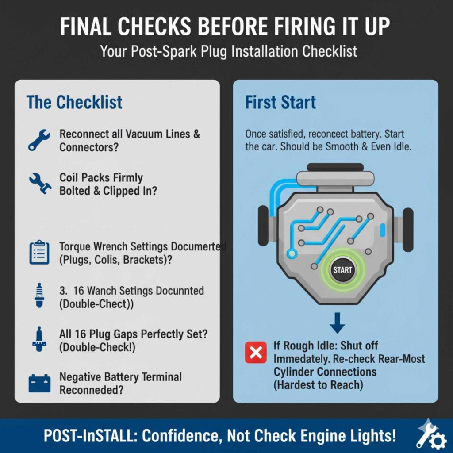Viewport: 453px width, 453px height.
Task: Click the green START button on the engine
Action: pos(343,270)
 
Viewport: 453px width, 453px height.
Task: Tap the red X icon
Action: pos(256,353)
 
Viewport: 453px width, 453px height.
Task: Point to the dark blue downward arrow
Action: pos(337,322)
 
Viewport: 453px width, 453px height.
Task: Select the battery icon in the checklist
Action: pos(39,384)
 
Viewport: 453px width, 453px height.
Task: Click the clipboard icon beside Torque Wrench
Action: pos(39,252)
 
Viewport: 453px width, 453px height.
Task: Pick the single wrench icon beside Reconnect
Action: pos(39,140)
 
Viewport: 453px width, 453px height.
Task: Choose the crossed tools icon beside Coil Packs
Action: pos(40,184)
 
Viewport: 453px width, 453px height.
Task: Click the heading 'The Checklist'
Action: pos(74,102)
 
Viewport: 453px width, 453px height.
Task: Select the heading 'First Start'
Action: pos(280,102)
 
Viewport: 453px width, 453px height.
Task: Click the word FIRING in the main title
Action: pos(303,26)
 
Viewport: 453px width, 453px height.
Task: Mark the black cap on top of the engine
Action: pos(335,167)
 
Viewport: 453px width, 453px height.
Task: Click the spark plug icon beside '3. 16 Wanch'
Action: pos(39,295)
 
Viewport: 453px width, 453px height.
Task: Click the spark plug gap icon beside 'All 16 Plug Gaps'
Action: pos(39,339)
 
